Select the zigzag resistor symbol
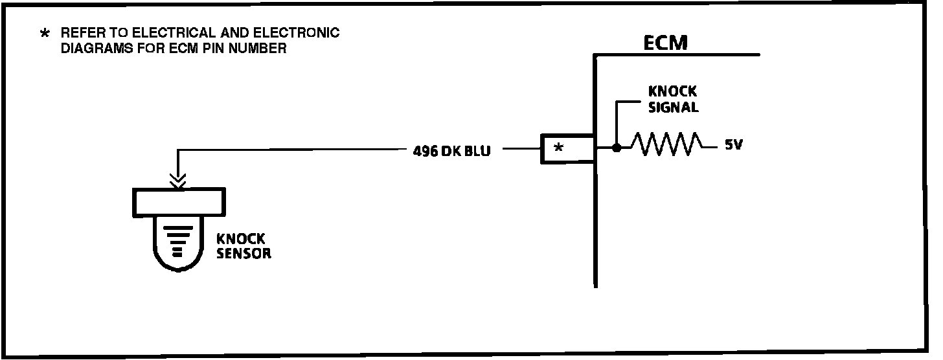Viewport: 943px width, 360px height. click(x=666, y=144)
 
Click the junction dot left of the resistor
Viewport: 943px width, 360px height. click(x=617, y=148)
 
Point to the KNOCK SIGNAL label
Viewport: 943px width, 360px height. click(x=673, y=99)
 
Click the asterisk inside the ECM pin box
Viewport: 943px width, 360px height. click(x=559, y=148)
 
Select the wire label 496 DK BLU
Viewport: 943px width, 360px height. click(x=451, y=152)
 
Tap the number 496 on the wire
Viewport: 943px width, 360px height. click(x=424, y=152)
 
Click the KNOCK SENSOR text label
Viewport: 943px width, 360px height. click(x=244, y=246)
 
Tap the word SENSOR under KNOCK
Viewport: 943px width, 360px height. click(x=244, y=254)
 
